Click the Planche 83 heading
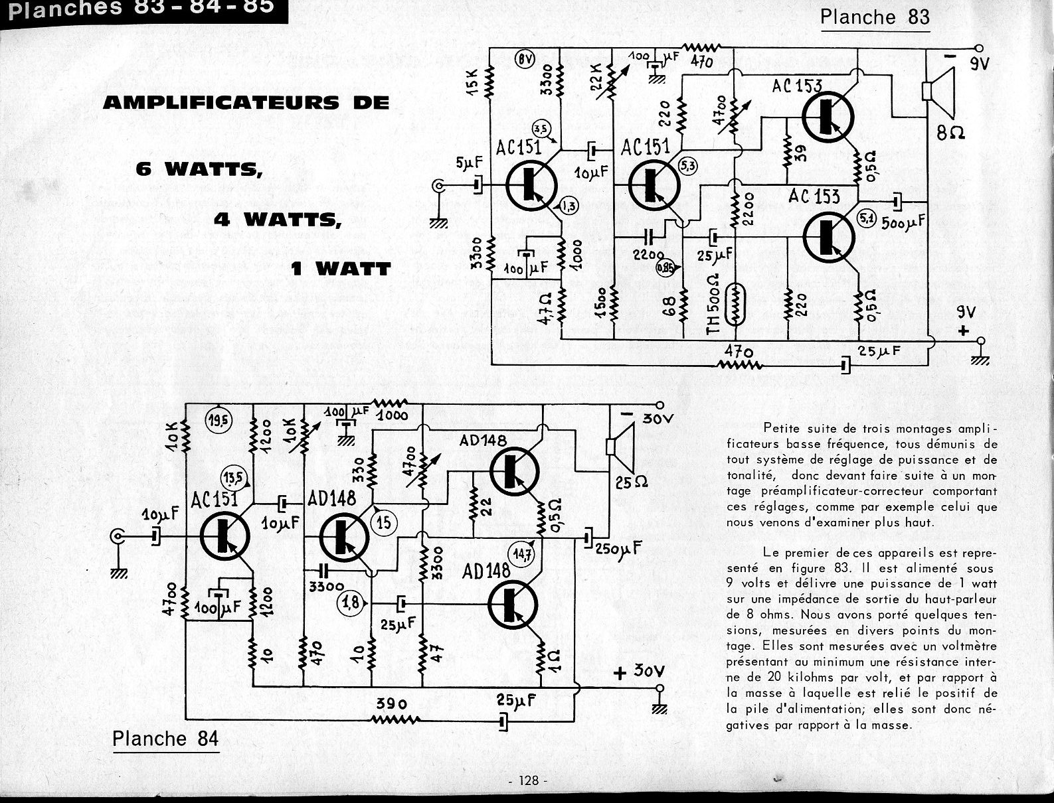point(875,17)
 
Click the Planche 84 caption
point(165,739)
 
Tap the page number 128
point(529,780)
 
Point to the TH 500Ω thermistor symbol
point(733,305)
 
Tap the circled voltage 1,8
point(352,603)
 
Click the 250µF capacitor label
point(618,549)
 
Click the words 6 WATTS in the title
point(197,169)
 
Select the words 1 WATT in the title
point(340,269)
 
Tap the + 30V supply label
point(638,672)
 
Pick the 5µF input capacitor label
point(469,163)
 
